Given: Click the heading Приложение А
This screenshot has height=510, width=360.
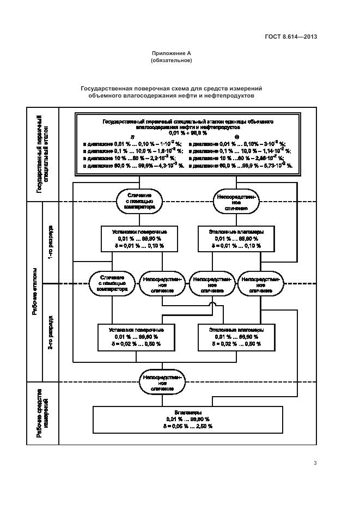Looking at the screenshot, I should tap(171, 53).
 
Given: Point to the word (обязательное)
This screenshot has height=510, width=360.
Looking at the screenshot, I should tap(171, 60).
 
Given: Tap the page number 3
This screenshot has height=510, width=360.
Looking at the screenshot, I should tap(315, 463).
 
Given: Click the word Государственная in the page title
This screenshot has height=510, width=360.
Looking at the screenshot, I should tap(108, 88).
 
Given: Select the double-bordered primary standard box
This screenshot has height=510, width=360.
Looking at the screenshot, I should tap(187, 144).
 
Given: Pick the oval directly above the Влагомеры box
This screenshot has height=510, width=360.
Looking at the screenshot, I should tap(162, 383).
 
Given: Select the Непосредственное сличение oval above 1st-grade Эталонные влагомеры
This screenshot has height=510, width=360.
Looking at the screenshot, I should tap(235, 201).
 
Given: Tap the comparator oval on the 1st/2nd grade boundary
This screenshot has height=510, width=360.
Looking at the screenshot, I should tap(112, 283).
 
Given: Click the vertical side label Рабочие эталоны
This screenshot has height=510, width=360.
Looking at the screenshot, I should tap(35, 291).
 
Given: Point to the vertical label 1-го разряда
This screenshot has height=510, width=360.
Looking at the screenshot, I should tap(50, 241).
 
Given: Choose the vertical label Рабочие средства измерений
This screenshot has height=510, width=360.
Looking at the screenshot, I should tap(42, 414).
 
